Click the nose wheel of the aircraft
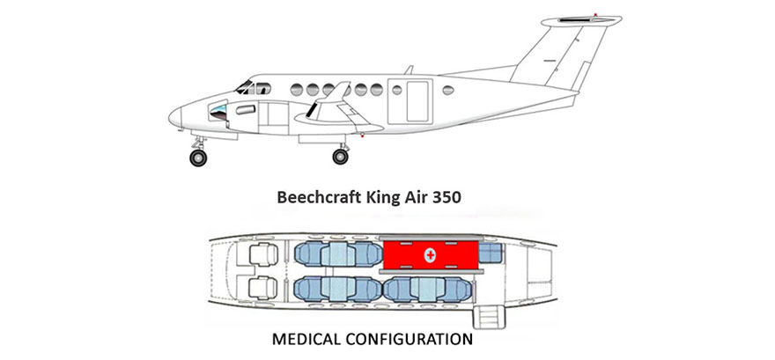[x=198, y=158]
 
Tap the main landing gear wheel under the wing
[x=340, y=157]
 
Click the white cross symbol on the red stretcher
[x=430, y=255]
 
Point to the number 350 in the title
[x=447, y=197]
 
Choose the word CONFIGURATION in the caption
[x=409, y=339]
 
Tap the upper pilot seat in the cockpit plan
[x=263, y=254]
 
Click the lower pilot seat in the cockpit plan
[x=262, y=288]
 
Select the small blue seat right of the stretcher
[x=491, y=253]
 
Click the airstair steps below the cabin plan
[x=489, y=317]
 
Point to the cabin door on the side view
[x=410, y=101]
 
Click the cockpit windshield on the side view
[x=244, y=87]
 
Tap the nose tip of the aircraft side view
[x=169, y=118]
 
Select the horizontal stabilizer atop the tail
[x=581, y=21]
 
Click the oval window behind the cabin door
[x=448, y=90]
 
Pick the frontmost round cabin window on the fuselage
[x=297, y=90]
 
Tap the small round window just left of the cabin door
[x=397, y=90]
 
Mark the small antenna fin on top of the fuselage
[x=409, y=70]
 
